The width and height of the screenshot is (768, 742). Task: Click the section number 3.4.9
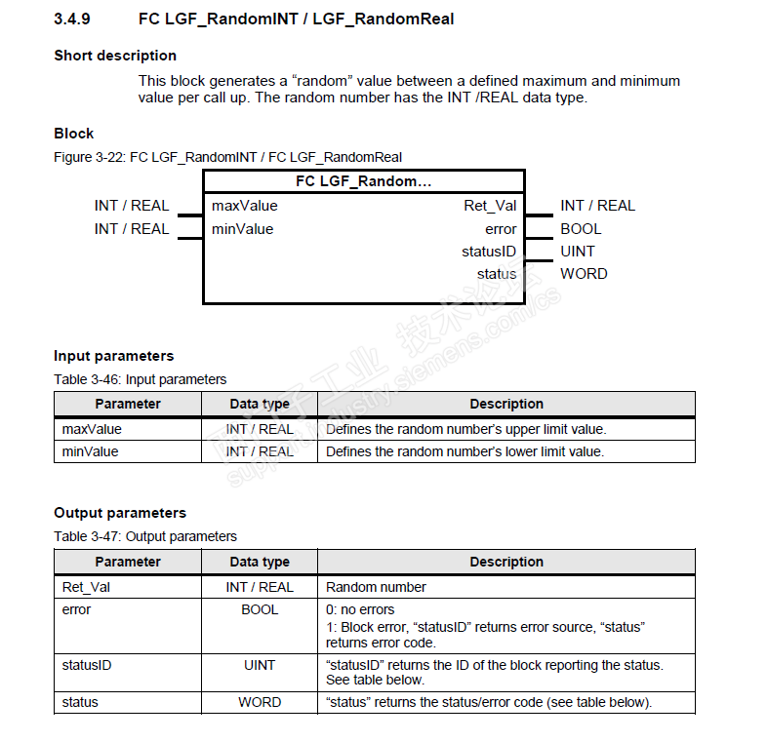[x=73, y=19]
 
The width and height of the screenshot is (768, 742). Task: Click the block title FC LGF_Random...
[x=363, y=182]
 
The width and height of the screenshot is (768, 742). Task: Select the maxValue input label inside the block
[x=244, y=206]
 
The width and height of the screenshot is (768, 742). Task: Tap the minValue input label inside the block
[x=242, y=229]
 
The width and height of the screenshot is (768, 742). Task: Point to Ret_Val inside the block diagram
[x=490, y=206]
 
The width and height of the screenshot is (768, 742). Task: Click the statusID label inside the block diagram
[x=489, y=252]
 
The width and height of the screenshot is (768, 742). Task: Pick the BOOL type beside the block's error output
[x=581, y=229]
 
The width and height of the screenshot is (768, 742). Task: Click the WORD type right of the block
[x=584, y=274]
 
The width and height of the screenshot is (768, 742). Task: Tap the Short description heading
[x=115, y=56]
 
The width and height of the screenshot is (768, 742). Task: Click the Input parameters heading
[x=113, y=356]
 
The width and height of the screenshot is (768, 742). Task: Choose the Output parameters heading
[x=119, y=513]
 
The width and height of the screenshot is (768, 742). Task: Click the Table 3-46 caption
[x=140, y=379]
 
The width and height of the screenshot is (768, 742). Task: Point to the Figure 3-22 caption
[x=227, y=157]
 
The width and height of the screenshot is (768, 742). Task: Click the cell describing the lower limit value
[x=465, y=451]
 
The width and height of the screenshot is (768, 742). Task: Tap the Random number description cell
[x=376, y=587]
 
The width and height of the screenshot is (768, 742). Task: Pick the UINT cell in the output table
[x=260, y=665]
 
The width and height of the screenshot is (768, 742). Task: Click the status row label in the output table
[x=80, y=702]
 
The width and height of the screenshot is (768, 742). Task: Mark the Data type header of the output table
[x=260, y=562]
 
